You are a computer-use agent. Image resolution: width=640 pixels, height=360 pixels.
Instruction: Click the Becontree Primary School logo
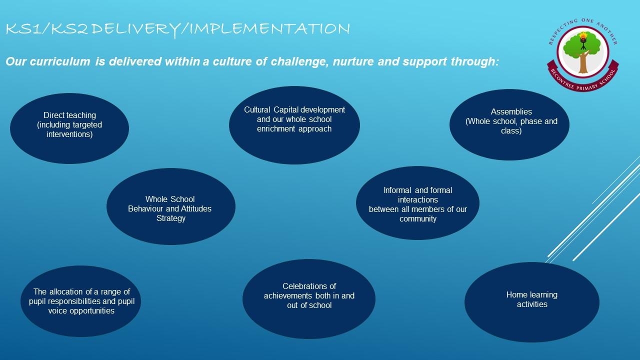(583, 55)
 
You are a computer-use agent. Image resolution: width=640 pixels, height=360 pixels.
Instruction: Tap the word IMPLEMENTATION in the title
(269, 28)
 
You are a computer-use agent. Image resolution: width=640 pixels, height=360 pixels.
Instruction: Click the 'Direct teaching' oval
(69, 128)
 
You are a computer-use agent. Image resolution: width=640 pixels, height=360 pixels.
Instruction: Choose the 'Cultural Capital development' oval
(294, 125)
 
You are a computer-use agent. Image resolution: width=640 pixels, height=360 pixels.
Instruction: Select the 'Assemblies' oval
(509, 124)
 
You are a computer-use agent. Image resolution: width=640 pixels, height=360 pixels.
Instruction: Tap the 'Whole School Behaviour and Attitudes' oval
(171, 206)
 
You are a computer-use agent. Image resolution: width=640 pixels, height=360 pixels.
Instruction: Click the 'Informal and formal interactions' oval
(417, 203)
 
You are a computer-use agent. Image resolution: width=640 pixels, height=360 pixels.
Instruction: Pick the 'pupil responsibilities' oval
(81, 301)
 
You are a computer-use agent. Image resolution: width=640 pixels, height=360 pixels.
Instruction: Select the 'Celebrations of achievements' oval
(309, 299)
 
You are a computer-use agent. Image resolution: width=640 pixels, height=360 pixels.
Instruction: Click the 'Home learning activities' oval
(532, 302)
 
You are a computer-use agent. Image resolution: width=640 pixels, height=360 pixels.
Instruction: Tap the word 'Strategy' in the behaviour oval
(171, 218)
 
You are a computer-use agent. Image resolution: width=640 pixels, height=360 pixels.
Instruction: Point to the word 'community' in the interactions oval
(417, 219)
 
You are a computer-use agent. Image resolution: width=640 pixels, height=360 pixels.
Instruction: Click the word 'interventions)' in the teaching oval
(69, 134)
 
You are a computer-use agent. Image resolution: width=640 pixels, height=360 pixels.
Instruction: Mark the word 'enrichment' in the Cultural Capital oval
(276, 129)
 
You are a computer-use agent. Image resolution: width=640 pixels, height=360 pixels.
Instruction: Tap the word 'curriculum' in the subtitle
(60, 61)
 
